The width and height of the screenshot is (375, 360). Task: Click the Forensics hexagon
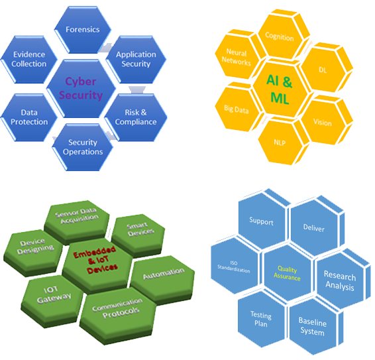click(83, 29)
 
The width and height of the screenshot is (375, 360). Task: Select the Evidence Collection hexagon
click(29, 60)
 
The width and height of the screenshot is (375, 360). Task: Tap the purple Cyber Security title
click(81, 88)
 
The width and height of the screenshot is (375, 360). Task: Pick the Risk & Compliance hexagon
click(136, 117)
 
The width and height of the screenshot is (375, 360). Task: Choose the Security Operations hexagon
click(83, 147)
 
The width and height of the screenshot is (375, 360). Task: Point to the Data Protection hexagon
click(29, 117)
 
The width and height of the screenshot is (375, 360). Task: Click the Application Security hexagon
click(136, 60)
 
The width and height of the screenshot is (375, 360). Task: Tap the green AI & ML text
click(280, 90)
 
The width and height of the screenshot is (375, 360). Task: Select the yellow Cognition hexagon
click(282, 34)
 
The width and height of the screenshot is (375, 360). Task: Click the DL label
click(323, 70)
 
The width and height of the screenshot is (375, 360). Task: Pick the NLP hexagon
click(282, 142)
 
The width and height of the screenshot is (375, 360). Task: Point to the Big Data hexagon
click(238, 108)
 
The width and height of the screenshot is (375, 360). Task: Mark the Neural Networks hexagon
click(239, 56)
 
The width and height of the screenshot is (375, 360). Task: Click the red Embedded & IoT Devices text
click(95, 259)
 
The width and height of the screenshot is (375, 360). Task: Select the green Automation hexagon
click(163, 279)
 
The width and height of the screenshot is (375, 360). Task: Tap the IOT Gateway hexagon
click(52, 301)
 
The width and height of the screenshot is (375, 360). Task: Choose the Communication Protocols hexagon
click(118, 316)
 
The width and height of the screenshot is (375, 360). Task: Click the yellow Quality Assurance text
click(287, 273)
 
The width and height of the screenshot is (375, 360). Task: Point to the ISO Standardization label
click(234, 267)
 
